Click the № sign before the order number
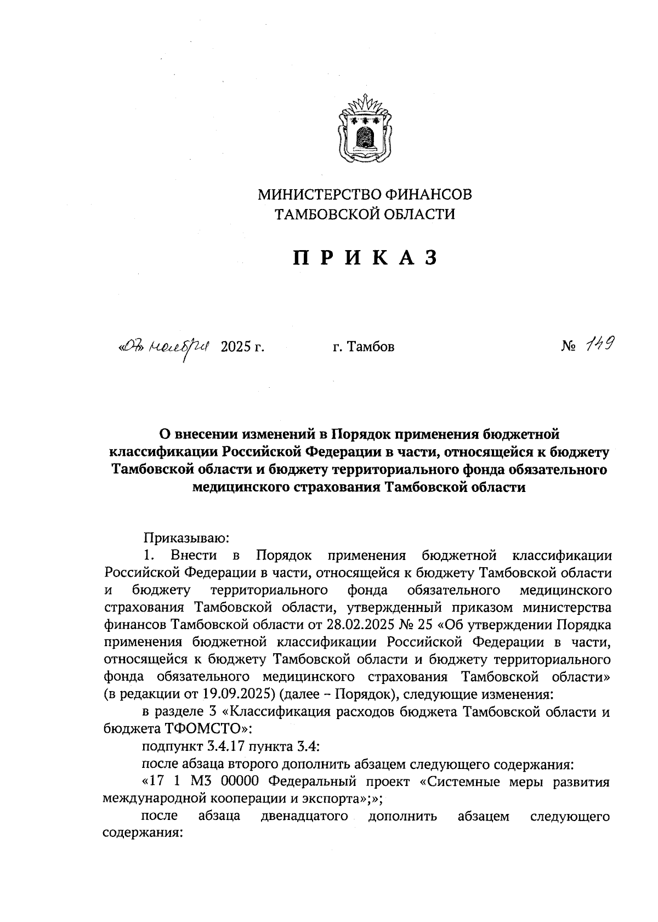[x=569, y=347]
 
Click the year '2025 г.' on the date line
[x=242, y=347]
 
